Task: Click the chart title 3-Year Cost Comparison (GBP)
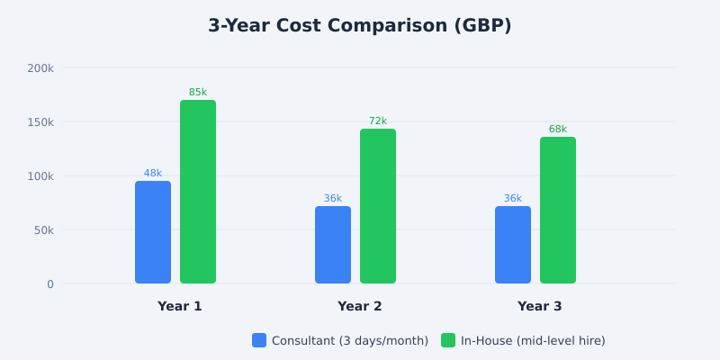360,26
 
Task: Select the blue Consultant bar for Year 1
153,232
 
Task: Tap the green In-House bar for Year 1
198,192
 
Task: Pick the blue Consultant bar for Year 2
333,245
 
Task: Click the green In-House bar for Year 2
378,206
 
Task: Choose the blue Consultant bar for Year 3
513,245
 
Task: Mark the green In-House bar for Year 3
558,211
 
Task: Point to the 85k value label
198,93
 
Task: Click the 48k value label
153,174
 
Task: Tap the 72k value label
378,121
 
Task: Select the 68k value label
558,130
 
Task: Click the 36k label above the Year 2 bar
333,199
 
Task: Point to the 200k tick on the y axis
40,67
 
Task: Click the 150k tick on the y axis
40,121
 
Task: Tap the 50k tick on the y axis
43,229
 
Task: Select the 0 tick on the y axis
50,283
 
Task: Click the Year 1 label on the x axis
180,306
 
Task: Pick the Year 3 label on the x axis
540,306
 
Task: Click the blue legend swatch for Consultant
259,340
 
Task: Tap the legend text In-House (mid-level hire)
533,340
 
